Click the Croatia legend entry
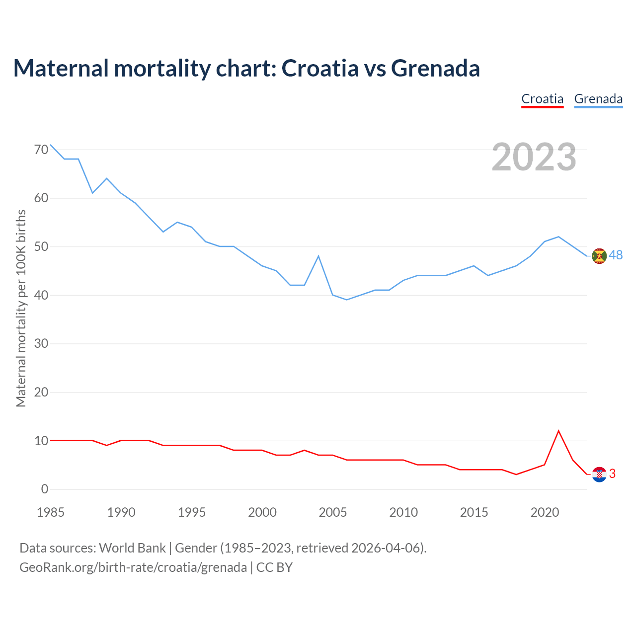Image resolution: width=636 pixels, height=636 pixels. coord(542,99)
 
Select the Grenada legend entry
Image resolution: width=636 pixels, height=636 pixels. coord(598,99)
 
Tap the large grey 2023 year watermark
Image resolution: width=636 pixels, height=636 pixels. coord(534,157)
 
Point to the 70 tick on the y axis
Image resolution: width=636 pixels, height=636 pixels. coord(42,150)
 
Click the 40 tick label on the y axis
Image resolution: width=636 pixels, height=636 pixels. coord(42,295)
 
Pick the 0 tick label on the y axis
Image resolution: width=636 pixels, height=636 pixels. coord(45,489)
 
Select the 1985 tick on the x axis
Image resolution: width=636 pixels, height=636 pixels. coord(51,512)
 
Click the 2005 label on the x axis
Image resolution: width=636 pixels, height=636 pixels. coord(333,512)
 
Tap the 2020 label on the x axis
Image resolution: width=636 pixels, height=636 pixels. coord(545,512)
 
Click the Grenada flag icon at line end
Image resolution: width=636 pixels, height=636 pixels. coord(599,256)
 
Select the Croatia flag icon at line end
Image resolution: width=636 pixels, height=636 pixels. coord(599,475)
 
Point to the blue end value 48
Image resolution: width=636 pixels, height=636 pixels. coord(616,255)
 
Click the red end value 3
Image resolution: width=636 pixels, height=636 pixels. coord(612,474)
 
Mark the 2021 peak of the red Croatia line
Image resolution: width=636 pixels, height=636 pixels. coord(558,431)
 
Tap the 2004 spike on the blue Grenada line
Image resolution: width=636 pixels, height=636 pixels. coord(318,256)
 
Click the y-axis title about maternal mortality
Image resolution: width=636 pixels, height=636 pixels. coord(21,308)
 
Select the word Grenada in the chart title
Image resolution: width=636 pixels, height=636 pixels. coord(435,68)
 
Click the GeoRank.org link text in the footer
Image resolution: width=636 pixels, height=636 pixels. coord(133,567)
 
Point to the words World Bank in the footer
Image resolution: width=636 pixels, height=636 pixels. coord(132,548)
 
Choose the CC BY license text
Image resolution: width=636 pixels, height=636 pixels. coord(274,567)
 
